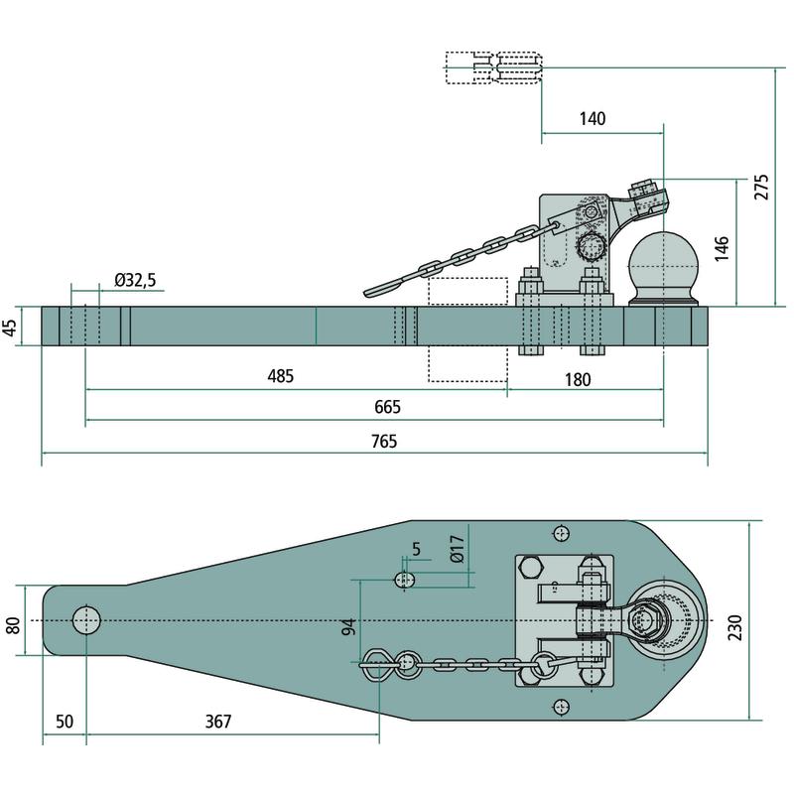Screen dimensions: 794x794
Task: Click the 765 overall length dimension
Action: pos(385,443)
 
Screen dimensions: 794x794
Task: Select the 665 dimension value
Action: pos(387,408)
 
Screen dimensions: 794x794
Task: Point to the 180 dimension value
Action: pos(577,378)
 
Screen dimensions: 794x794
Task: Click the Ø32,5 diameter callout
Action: pos(135,281)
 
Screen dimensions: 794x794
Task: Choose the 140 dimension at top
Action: pos(591,119)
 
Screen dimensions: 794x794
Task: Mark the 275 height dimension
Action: pos(761,187)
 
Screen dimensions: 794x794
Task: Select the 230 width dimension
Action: pos(734,626)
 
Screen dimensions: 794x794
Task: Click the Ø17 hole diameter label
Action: pos(457,551)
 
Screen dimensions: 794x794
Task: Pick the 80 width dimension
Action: pos(13,626)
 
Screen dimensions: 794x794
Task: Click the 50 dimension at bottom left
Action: pos(65,722)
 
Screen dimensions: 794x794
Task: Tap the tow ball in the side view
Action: pos(662,260)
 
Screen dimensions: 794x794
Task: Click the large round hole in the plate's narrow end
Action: pos(86,620)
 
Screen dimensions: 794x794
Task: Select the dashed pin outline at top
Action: pos(494,67)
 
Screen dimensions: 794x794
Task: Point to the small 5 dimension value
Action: pos(415,549)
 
